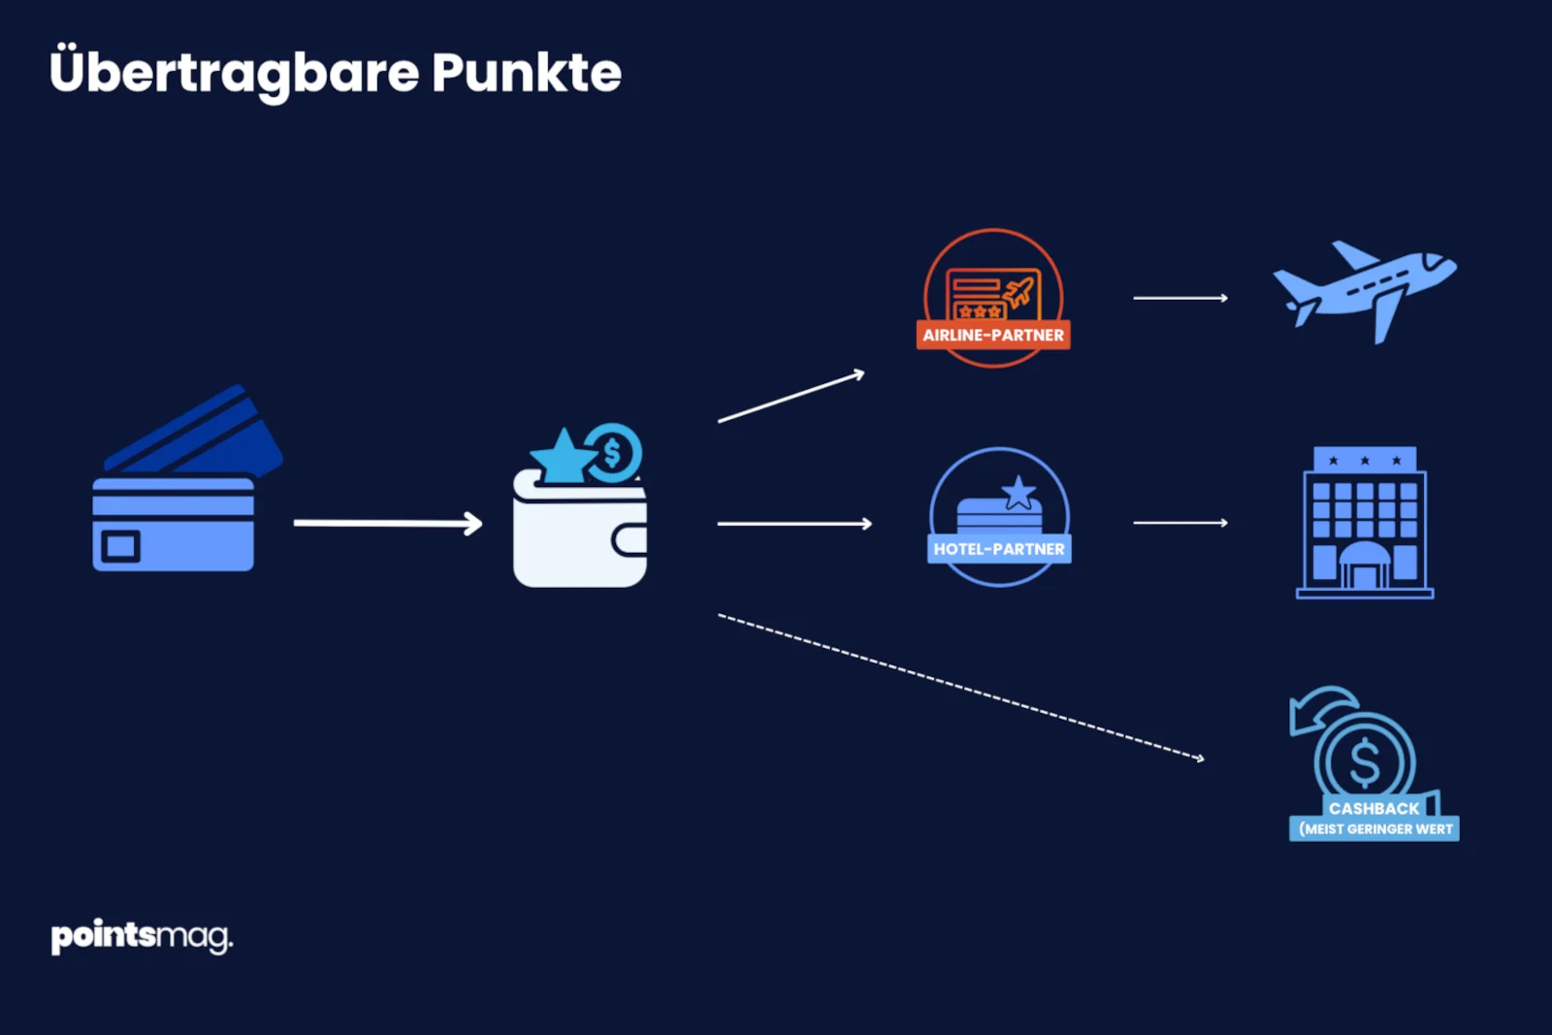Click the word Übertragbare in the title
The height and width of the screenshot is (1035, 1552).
(234, 73)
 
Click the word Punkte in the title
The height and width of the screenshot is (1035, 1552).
(526, 73)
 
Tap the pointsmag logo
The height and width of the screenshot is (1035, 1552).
(142, 937)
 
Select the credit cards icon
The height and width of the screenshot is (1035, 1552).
(179, 495)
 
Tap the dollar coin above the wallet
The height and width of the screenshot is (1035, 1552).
(613, 452)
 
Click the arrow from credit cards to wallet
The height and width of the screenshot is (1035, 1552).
(388, 524)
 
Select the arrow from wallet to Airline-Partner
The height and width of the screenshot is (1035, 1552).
(791, 398)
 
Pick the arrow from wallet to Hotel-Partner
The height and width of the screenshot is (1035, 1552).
(794, 524)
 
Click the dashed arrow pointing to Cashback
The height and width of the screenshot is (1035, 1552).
(960, 686)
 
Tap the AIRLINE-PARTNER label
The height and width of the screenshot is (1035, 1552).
(993, 336)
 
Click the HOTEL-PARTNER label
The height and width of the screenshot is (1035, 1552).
(999, 549)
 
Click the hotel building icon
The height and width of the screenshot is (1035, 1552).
(1365, 524)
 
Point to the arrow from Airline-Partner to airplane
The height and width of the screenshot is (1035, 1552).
(1180, 298)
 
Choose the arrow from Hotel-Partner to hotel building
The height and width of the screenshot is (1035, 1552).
(1180, 523)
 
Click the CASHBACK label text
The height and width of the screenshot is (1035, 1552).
(1374, 808)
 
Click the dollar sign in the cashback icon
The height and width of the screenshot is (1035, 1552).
(1365, 761)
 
